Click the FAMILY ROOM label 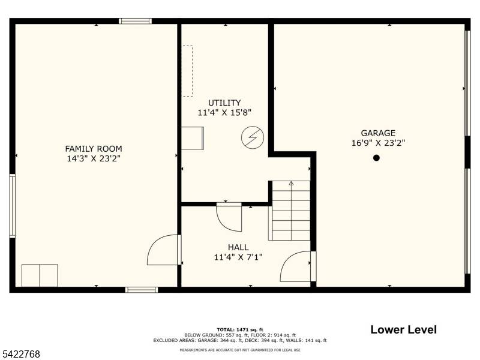click(94, 149)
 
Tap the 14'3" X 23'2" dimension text click(94, 159)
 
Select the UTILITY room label click(224, 103)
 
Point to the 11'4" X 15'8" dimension click(224, 112)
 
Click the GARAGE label click(378, 133)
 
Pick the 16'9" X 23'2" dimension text click(378, 143)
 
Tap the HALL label click(238, 247)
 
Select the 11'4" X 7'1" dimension click(238, 257)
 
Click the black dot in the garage click(377, 158)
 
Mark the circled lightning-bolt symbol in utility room click(251, 137)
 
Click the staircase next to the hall click(290, 211)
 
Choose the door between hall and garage click(296, 266)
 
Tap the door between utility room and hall click(229, 217)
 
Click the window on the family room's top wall click(135, 21)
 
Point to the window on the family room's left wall click(12, 206)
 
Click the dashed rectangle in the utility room click(188, 71)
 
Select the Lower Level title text click(403, 329)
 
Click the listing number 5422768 click(20, 354)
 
